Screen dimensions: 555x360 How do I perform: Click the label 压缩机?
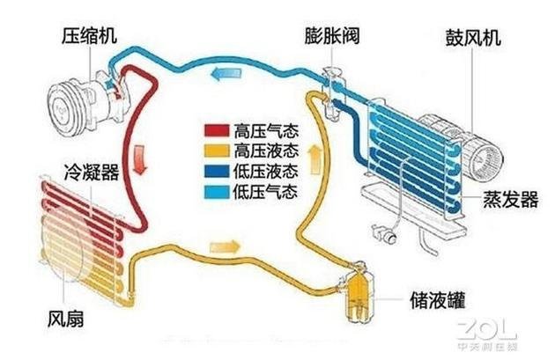(89, 36)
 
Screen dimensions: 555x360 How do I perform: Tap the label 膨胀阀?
(332, 35)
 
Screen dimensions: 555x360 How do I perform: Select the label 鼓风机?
(473, 37)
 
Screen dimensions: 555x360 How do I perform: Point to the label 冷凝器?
(92, 173)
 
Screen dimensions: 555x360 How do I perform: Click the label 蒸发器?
(511, 199)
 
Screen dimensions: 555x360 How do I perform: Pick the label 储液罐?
(437, 300)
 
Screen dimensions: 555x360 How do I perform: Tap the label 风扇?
(66, 319)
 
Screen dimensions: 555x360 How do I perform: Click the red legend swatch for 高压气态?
(217, 130)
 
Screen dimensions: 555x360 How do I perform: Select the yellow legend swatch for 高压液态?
(217, 151)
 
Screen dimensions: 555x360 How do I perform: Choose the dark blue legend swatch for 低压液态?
(217, 171)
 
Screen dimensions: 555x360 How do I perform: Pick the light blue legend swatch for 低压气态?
(217, 192)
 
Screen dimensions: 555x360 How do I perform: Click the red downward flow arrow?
(141, 160)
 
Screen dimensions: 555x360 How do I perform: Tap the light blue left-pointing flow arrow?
(226, 74)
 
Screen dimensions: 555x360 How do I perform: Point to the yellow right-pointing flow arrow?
(226, 246)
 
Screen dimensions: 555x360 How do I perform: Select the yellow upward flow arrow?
(315, 161)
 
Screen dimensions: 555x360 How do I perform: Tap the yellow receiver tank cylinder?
(359, 295)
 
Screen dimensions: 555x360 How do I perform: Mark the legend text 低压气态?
(265, 192)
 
